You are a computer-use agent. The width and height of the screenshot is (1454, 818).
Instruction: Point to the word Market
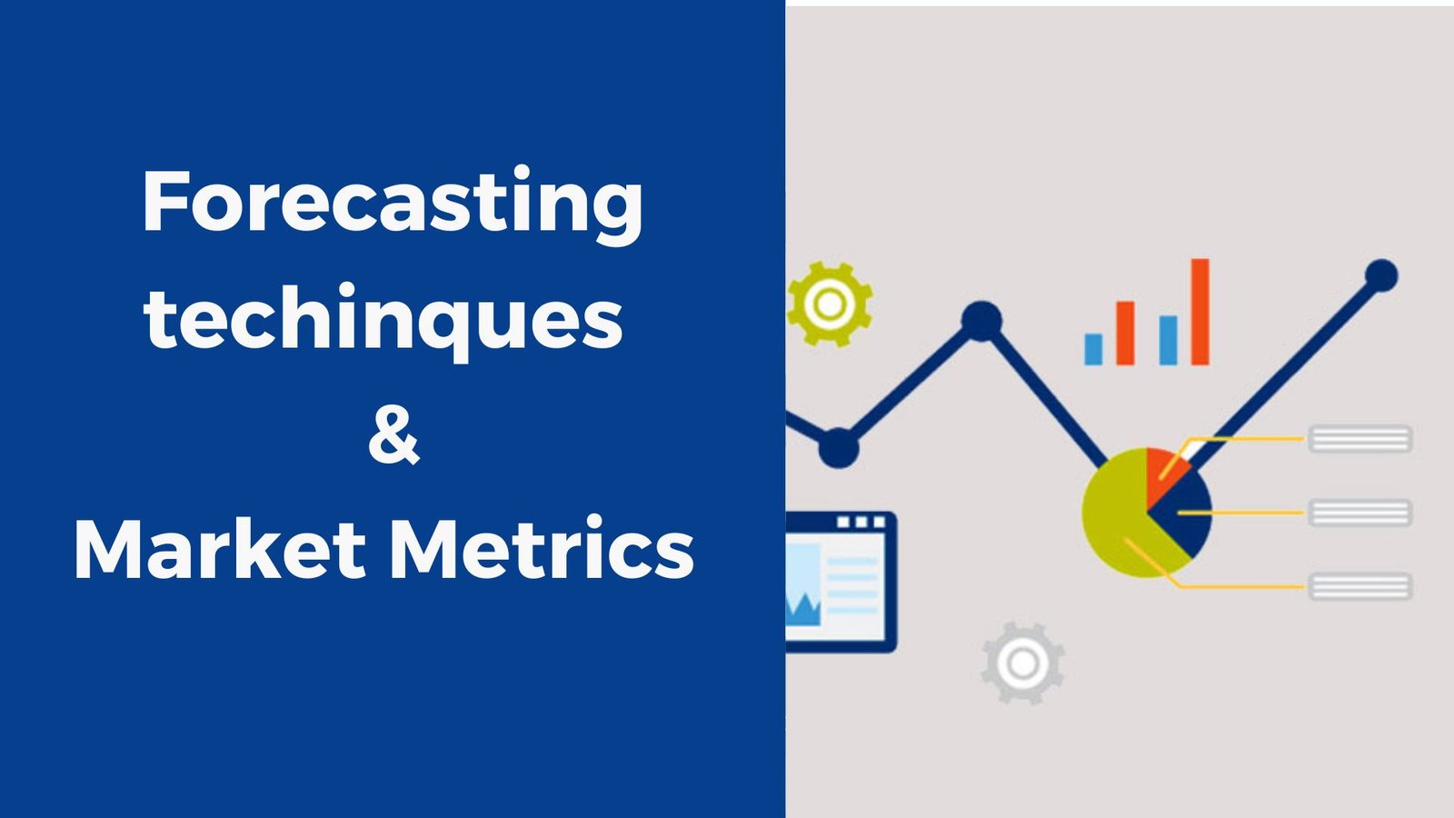coord(221,549)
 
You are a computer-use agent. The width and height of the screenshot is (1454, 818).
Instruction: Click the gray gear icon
coord(1023,663)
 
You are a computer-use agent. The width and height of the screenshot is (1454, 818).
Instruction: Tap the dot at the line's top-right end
coord(1381,276)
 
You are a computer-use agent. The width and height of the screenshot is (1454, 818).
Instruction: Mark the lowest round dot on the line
coord(839,448)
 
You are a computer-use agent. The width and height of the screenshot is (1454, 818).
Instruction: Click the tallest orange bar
coord(1200,312)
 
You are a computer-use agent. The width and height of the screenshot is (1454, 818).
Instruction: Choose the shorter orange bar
coord(1126,333)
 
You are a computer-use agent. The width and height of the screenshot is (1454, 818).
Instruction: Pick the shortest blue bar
coord(1094,349)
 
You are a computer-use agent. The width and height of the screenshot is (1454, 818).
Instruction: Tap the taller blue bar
coord(1169,340)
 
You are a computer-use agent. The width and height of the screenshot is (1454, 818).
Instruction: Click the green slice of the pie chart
coord(1118,519)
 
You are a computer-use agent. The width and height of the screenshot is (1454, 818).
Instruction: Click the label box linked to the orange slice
coord(1359,439)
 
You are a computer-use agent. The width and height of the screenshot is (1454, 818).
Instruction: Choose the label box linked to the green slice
coord(1359,587)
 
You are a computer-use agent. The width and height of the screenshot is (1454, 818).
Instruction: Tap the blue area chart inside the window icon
coord(803,610)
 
